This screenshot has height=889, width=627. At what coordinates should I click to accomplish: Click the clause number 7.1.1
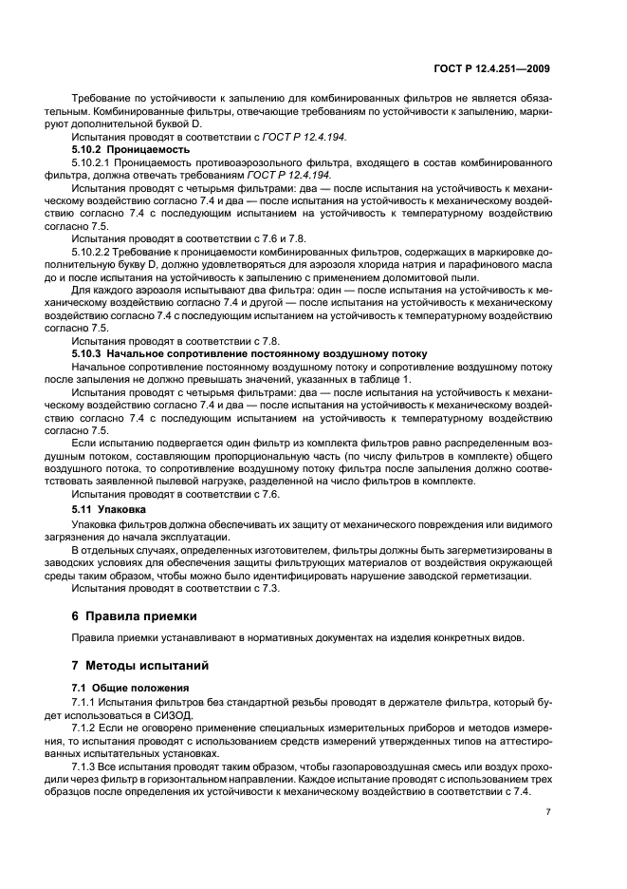tap(88, 701)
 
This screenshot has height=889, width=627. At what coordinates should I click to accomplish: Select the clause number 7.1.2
tap(88, 727)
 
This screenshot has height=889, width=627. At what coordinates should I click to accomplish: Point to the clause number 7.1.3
tap(88, 765)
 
